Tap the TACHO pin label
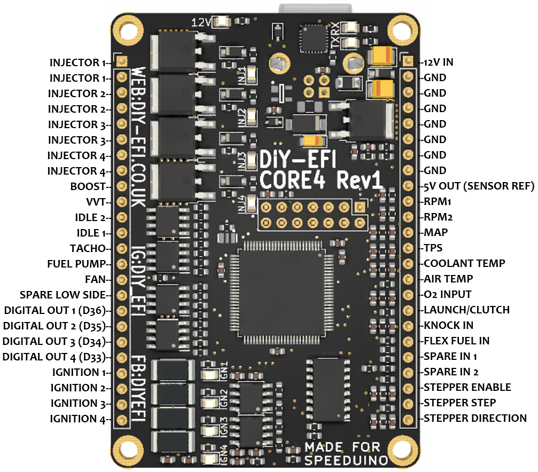coord(88,248)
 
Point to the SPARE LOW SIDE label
coord(64,295)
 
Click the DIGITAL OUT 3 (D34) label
coord(56,341)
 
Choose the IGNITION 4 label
coord(79,419)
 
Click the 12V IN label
coord(438,62)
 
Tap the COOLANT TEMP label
coord(464,263)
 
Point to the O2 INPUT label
coord(447,294)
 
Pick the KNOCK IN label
coord(448,325)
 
